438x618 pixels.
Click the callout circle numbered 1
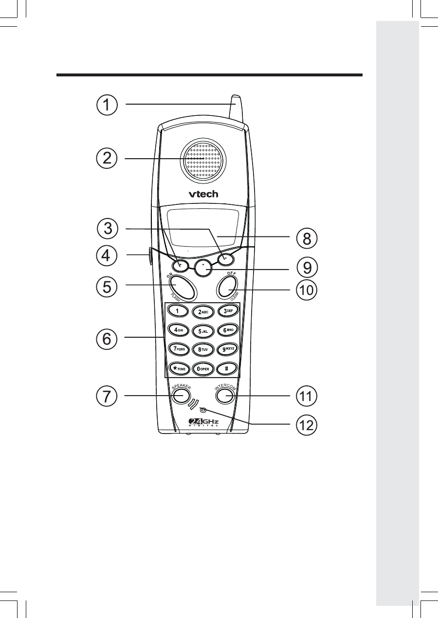click(106, 105)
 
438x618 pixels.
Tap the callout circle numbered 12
click(307, 425)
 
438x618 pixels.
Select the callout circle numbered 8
click(307, 238)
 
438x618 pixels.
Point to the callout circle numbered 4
click(106, 256)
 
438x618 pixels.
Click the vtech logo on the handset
click(203, 194)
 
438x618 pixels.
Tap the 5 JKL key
click(203, 331)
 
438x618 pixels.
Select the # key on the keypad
click(227, 368)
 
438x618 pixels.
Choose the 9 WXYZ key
click(227, 349)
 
